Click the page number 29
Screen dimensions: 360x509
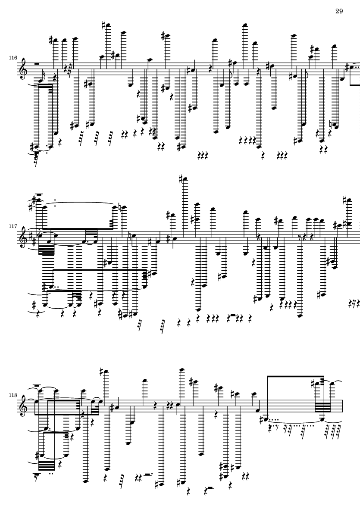pyautogui.click(x=339, y=11)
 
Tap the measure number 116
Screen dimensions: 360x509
pyautogui.click(x=13, y=58)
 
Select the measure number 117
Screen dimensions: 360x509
pyautogui.click(x=13, y=226)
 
